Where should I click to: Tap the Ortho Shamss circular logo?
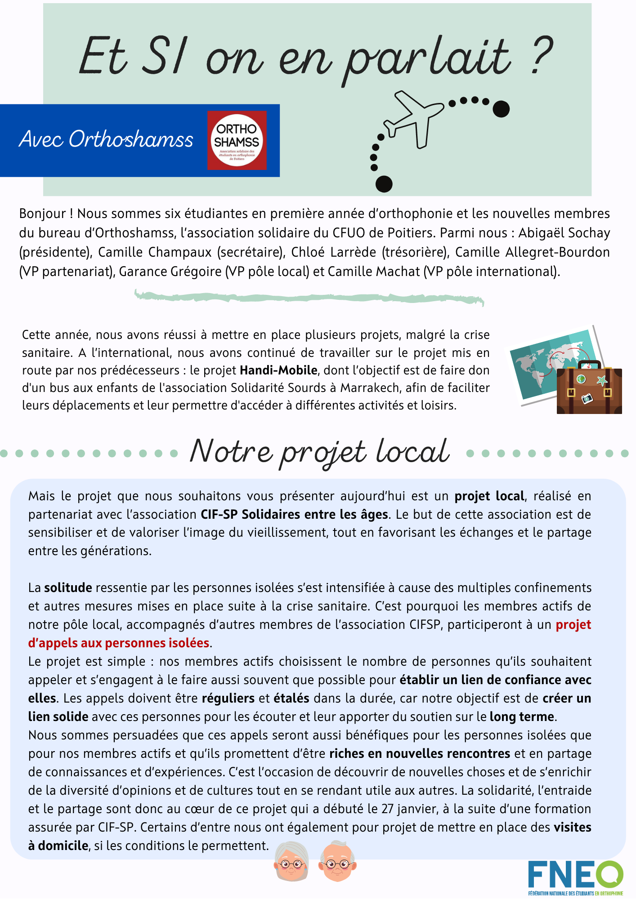pyautogui.click(x=237, y=140)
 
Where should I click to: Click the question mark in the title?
pyautogui.click(x=541, y=56)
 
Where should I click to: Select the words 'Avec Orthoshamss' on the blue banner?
pyautogui.click(x=106, y=139)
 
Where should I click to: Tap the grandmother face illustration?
pyautogui.click(x=291, y=861)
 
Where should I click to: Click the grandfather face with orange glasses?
pyautogui.click(x=338, y=861)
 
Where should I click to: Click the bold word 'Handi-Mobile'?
pyautogui.click(x=278, y=370)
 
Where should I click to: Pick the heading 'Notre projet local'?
pyautogui.click(x=319, y=452)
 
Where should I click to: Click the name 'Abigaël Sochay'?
pyautogui.click(x=564, y=233)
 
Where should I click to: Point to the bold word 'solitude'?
pyautogui.click(x=68, y=587)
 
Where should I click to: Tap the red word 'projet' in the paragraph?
pyautogui.click(x=573, y=625)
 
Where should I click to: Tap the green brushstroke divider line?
pyautogui.click(x=309, y=298)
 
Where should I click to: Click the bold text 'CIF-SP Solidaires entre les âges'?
pyautogui.click(x=294, y=514)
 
